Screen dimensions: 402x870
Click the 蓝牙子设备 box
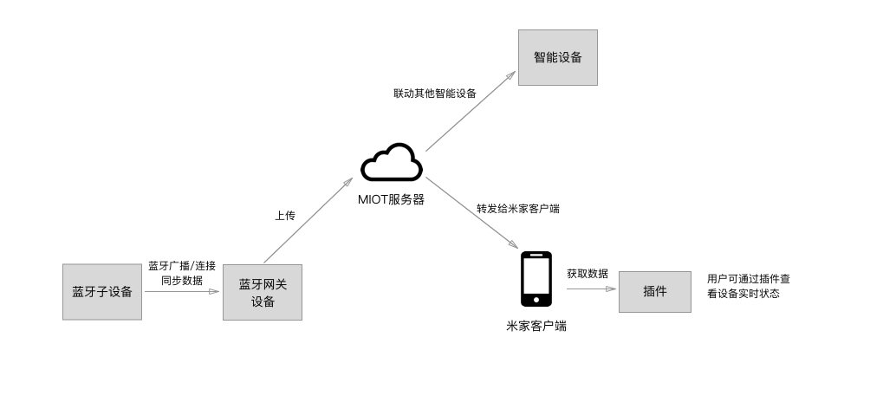[101, 292]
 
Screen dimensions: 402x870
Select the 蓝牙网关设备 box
[263, 293]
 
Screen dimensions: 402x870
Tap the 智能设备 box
[558, 58]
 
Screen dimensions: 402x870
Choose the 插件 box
[654, 292]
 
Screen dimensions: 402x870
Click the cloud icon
[392, 164]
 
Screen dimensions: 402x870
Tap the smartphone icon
[536, 279]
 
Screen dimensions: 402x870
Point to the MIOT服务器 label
[392, 199]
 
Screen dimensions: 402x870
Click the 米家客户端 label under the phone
[536, 326]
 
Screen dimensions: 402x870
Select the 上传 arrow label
[285, 216]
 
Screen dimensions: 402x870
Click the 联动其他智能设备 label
[434, 93]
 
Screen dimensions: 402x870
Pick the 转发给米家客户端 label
[517, 209]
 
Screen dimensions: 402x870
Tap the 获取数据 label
[587, 273]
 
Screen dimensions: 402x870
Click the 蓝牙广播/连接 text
[182, 265]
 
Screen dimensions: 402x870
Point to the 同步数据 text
[182, 280]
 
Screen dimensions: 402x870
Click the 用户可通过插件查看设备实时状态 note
[748, 286]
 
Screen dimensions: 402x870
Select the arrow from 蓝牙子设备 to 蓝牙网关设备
[182, 292]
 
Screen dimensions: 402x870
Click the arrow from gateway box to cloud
[308, 220]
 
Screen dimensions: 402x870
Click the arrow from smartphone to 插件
[590, 289]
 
